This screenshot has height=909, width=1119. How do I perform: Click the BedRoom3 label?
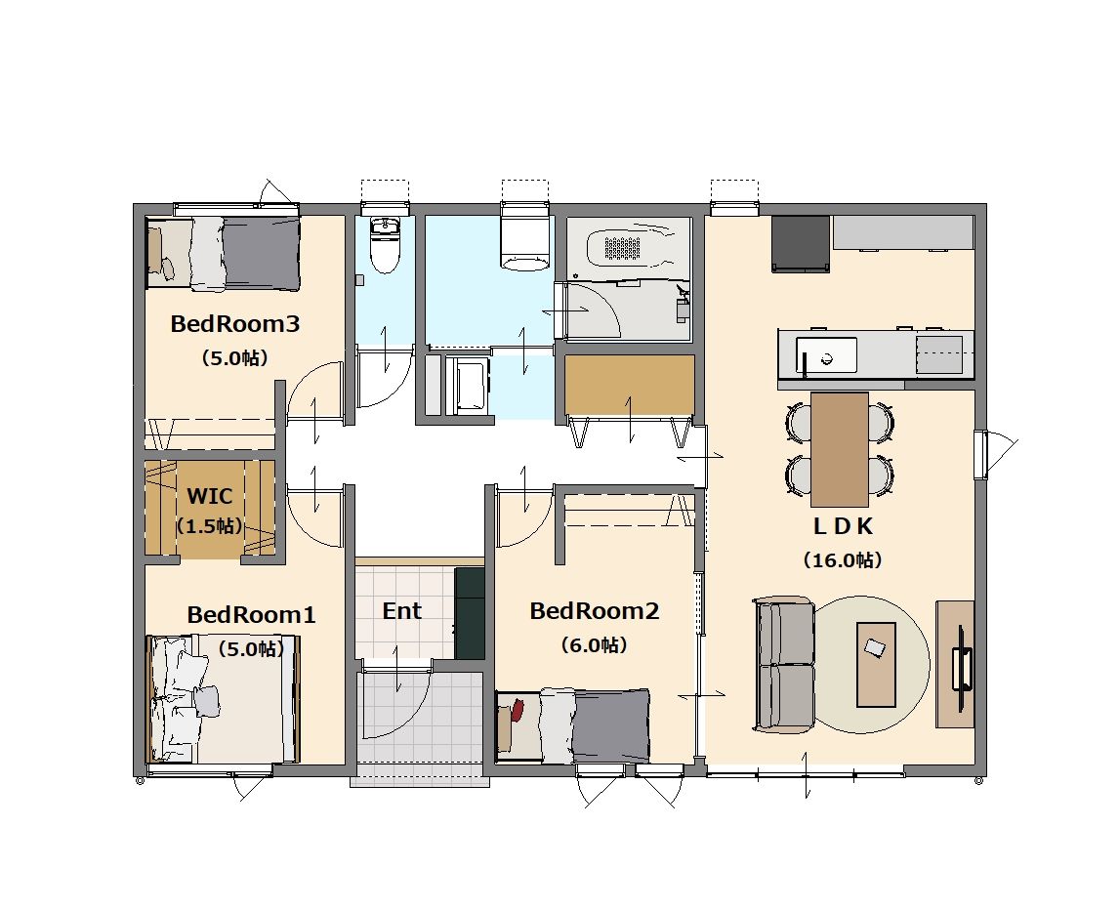pos(234,324)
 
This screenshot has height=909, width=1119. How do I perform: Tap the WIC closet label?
pos(209,495)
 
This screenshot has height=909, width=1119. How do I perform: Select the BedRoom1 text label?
pos(251,614)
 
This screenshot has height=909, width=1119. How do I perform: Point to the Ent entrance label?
pos(401,611)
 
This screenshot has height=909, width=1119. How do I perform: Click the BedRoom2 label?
pos(595,611)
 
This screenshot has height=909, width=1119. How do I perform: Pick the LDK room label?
pos(843,526)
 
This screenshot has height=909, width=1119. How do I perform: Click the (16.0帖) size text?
pos(843,560)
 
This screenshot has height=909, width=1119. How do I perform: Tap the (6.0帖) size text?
pos(595,645)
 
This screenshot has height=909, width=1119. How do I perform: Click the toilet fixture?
pos(386,245)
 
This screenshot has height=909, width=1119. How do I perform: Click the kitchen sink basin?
pos(826,355)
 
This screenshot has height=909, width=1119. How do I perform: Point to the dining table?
pos(840,449)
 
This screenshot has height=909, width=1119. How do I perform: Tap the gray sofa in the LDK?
pos(783,664)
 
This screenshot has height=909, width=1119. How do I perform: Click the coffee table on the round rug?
pos(877,664)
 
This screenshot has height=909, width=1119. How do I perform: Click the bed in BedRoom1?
pos(223,699)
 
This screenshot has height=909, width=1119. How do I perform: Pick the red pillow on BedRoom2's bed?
pos(517,711)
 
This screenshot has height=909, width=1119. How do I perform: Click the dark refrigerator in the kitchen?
pos(801,244)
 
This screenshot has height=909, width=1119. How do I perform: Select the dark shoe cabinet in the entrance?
pos(470,613)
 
